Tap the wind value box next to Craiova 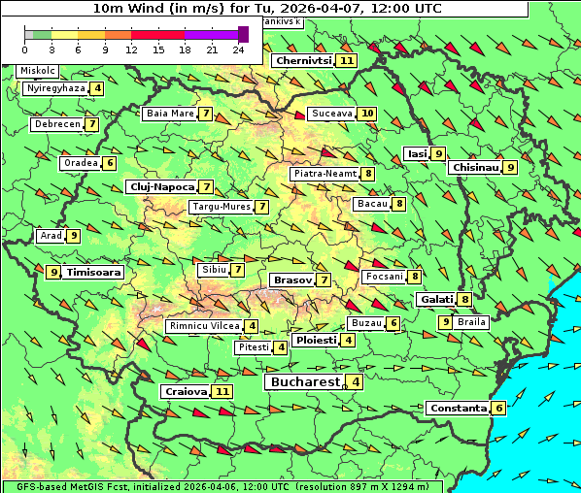point(223,391)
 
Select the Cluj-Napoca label point(161,186)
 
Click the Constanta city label point(458,408)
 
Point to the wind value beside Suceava point(367,114)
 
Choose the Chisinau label point(474,167)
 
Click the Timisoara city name point(94,273)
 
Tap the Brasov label point(292,279)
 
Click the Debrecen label point(56,124)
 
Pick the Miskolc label point(38,71)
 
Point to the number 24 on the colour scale point(237,49)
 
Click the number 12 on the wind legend point(131,49)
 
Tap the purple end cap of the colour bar point(243,34)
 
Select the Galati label point(436,300)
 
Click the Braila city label point(471,321)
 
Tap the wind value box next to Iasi point(439,153)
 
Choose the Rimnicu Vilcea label point(204,326)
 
